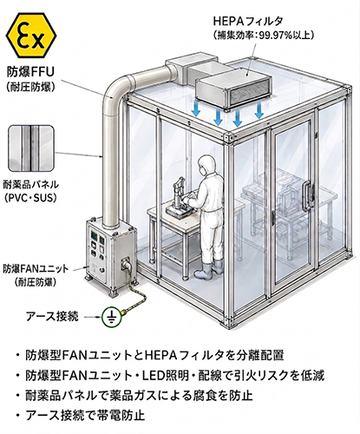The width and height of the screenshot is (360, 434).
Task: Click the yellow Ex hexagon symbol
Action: pos(31,35)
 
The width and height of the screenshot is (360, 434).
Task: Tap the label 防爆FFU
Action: pos(30,72)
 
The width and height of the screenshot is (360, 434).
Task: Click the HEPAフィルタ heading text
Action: pos(248,21)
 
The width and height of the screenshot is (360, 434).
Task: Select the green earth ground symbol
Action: pos(111,317)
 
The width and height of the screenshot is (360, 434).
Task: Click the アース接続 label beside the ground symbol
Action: pos(52,316)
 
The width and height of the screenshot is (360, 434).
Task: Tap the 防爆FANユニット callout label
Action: pos(36,268)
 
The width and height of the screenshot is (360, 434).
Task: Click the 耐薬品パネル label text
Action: pos(31,184)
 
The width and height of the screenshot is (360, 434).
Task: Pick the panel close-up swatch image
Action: pos(31,148)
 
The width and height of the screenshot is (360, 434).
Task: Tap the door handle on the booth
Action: pos(307,195)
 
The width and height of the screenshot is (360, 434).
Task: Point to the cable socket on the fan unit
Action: pos(127,263)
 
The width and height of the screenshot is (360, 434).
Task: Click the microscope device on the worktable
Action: pos(177,200)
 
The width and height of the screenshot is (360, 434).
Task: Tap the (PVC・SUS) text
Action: pos(30,198)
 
